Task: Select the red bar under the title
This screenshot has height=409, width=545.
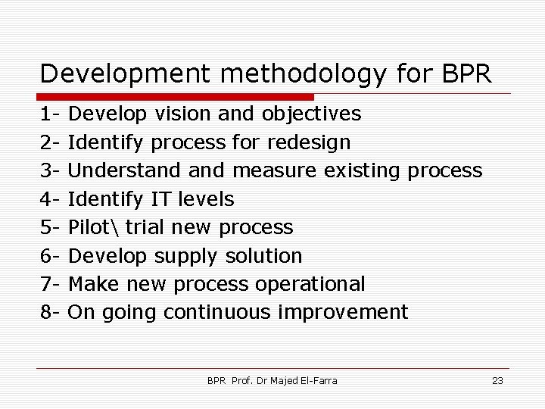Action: (176, 97)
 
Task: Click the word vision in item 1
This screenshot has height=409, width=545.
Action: (182, 114)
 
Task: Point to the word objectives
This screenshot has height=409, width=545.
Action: (311, 114)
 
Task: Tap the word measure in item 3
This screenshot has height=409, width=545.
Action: (275, 170)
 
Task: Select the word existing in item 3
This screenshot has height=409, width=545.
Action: (363, 170)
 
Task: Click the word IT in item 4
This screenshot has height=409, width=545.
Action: (160, 199)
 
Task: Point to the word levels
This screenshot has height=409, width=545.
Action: (205, 199)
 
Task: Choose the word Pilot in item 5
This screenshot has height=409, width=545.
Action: (89, 227)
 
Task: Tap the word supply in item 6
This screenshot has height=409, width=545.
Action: (187, 256)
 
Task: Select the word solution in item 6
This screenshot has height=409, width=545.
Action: (264, 256)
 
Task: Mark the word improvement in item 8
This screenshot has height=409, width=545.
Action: (344, 312)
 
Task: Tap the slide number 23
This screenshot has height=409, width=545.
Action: (497, 380)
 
